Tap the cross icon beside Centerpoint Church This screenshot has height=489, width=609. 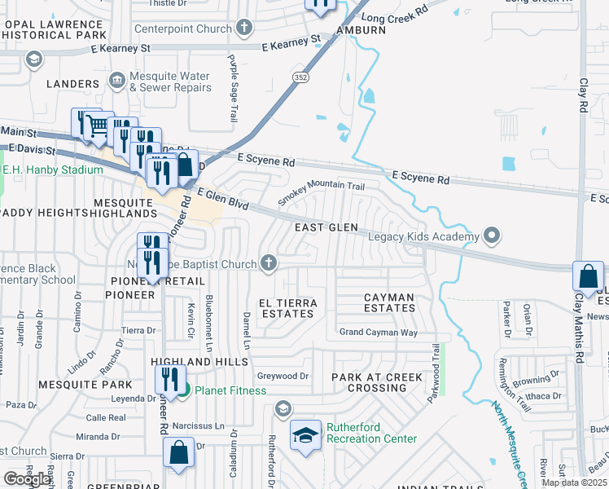pyautogui.click(x=243, y=29)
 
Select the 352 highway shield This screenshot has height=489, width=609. pyautogui.click(x=300, y=75)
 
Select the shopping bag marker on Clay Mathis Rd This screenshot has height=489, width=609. pyautogui.click(x=588, y=277)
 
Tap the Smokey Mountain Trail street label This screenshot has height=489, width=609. pyautogui.click(x=321, y=192)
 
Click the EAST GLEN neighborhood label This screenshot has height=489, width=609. pyautogui.click(x=326, y=227)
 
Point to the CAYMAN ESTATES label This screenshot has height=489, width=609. pyautogui.click(x=389, y=302)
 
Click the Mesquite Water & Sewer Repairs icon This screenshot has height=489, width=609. pyautogui.click(x=116, y=80)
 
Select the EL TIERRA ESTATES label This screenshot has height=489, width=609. pyautogui.click(x=287, y=308)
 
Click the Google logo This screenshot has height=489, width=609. pyautogui.click(x=27, y=479)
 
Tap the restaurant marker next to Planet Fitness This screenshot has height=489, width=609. pyautogui.click(x=169, y=379)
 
